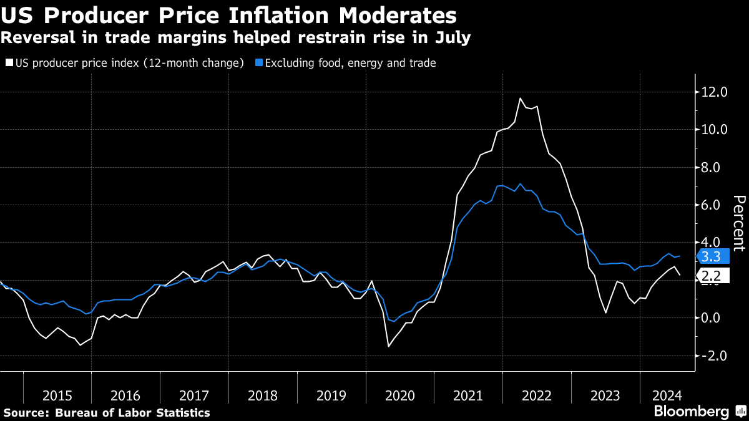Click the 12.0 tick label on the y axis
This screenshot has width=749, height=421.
[x=715, y=92]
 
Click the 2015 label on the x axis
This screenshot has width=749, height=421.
[x=57, y=395]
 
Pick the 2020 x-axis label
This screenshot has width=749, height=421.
[x=399, y=395]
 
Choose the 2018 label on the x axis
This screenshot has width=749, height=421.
[x=263, y=395]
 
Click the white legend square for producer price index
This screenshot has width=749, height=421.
[x=9, y=63]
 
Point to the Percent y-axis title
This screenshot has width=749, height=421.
[x=739, y=223]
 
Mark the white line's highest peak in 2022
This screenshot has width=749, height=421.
[x=520, y=98]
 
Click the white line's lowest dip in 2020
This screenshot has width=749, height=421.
[x=388, y=346]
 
